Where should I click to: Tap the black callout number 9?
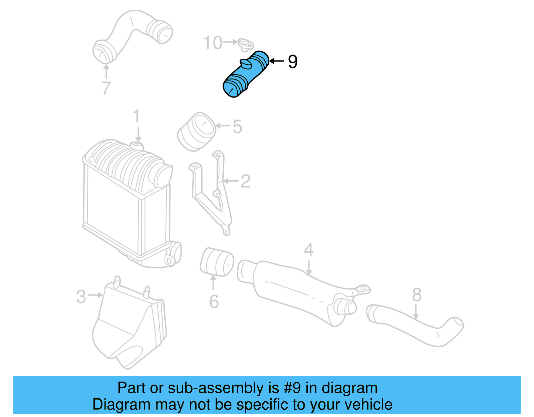tap(292, 61)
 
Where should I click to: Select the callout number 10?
tap(213, 43)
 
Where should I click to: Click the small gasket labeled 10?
tap(246, 44)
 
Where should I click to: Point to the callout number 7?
tap(105, 88)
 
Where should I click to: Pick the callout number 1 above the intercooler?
tap(136, 117)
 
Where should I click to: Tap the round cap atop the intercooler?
tap(137, 146)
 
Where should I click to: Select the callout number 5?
tap(237, 127)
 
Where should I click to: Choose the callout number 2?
tap(245, 181)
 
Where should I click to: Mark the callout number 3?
tap(81, 296)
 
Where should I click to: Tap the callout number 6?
tap(214, 301)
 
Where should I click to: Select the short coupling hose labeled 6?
tap(217, 262)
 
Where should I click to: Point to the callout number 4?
tap(309, 249)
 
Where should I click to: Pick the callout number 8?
tap(417, 295)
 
